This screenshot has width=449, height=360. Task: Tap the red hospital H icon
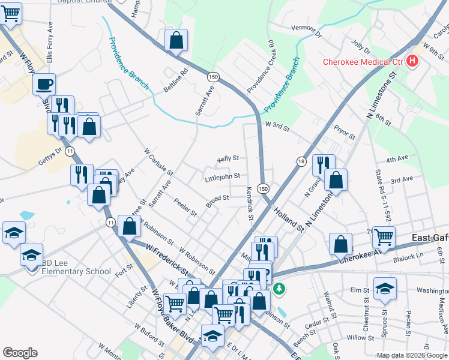[412, 61]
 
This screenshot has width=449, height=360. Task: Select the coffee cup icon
[44, 85]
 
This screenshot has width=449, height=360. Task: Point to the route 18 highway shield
[301, 161]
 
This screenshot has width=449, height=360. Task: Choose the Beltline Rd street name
[176, 80]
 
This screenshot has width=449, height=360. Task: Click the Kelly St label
[228, 158]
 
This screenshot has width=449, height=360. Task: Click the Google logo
[20, 353]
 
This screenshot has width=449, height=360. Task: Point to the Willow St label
[360, 338]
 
